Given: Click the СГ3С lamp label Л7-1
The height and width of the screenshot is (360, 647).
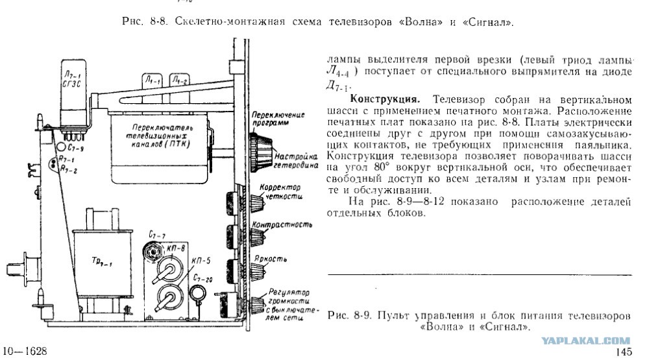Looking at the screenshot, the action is coord(72,79).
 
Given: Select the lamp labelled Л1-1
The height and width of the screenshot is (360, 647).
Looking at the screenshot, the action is coord(153,82).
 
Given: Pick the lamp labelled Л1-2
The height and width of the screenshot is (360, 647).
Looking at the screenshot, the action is coord(180,81).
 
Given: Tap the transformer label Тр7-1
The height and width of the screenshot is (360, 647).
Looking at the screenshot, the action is coord(101,261).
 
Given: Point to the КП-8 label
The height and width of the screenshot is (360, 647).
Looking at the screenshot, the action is coord(177,248).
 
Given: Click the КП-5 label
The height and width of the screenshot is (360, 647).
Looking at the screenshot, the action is coord(201,261).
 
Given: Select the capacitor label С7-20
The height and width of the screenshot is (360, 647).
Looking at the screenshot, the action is coord(202,278).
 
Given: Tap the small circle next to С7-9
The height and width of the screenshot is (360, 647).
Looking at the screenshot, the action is coord(61,146).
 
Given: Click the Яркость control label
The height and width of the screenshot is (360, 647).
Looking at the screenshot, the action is coord(271,259).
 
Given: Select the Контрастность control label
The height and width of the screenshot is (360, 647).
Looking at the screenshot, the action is coord(282,224).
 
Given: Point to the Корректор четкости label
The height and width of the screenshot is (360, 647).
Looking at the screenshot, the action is coord(280,192).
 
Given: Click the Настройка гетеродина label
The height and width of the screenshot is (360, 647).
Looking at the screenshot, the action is coord(296,161).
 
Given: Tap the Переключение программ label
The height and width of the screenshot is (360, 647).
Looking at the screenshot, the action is coord(278,118).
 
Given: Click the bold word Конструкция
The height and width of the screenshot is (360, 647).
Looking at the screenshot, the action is coord(385,99).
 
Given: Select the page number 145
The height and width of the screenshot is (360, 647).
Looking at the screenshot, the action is coord(624,352).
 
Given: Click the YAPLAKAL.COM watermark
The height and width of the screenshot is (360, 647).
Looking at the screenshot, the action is coord(585,341).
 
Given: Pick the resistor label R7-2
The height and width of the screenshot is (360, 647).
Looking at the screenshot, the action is coord(69,169).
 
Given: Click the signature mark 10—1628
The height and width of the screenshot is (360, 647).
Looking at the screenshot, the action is coord(25,351).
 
